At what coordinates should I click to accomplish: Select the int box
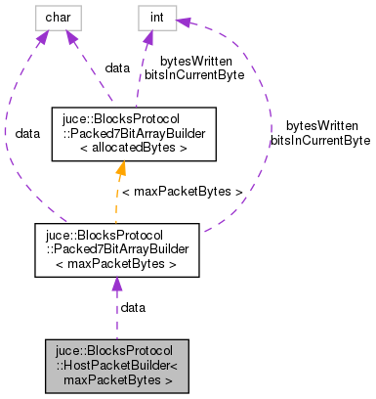click(x=155, y=18)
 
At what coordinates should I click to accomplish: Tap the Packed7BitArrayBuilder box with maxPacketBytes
click(x=116, y=249)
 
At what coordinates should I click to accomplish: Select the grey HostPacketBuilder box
click(x=116, y=366)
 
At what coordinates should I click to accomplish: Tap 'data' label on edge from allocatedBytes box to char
click(x=117, y=67)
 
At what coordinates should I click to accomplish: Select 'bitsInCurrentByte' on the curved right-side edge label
click(x=320, y=140)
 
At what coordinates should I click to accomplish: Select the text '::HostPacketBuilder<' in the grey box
click(x=116, y=366)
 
